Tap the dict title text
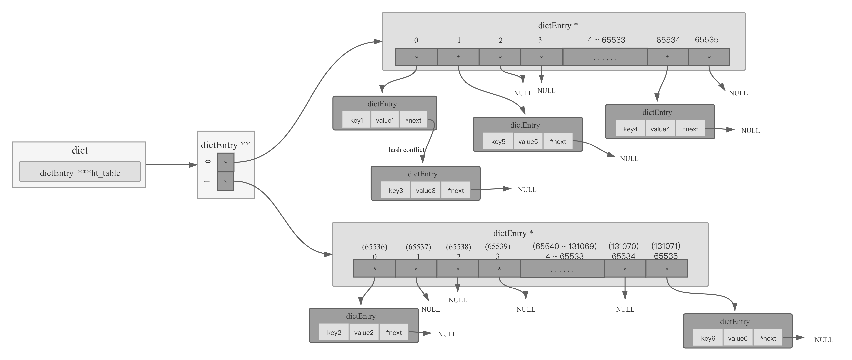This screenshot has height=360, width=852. [x=80, y=150]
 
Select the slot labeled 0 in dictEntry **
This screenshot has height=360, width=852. [x=226, y=162]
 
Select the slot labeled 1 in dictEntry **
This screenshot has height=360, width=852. [x=226, y=181]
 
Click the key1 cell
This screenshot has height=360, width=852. [x=357, y=120]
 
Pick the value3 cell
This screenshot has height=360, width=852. [x=426, y=190]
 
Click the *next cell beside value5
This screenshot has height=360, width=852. [x=558, y=142]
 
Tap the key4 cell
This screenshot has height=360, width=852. [x=630, y=129]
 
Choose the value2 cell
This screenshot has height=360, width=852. [x=364, y=333]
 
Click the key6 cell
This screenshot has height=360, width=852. [x=708, y=338]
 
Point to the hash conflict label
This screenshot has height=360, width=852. [x=406, y=150]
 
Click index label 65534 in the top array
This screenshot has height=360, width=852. [x=668, y=40]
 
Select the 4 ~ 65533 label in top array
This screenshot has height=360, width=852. [x=606, y=40]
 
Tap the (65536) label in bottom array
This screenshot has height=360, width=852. [x=374, y=247]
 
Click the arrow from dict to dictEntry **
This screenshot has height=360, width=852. [x=170, y=165]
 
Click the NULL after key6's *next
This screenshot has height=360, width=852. [x=824, y=340]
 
